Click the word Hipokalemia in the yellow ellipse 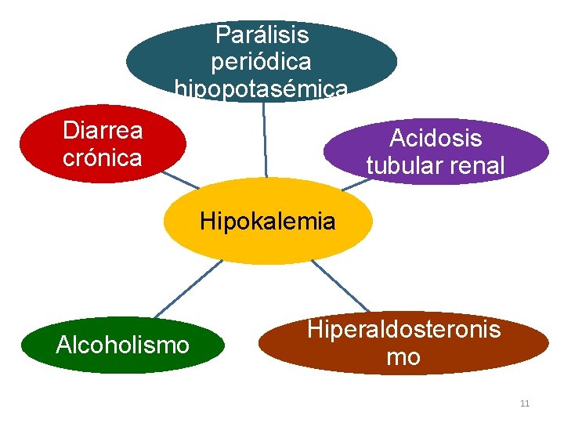(267, 222)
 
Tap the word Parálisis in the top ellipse (262, 34)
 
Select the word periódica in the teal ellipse (262, 61)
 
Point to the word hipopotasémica (262, 89)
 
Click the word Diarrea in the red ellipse (102, 130)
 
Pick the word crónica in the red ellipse (102, 157)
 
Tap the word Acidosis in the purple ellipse (436, 139)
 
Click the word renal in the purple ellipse (479, 166)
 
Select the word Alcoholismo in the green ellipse (122, 345)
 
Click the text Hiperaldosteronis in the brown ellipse (403, 330)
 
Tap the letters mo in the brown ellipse (403, 358)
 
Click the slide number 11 (525, 403)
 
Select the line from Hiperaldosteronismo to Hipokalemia (341, 286)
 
